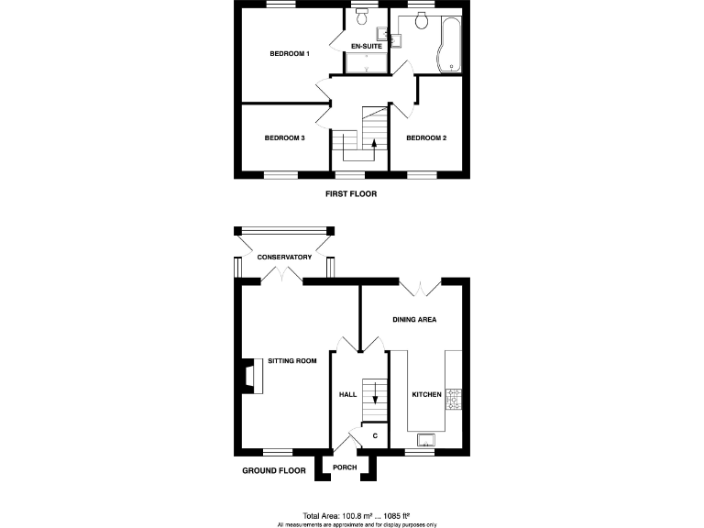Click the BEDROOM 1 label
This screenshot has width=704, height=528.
pyautogui.click(x=290, y=54)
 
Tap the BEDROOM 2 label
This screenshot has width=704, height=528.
pyautogui.click(x=426, y=138)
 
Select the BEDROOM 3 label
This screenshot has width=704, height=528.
pyautogui.click(x=284, y=138)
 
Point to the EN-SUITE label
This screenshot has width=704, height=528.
pyautogui.click(x=367, y=45)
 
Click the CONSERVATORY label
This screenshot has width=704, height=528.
pyautogui.click(x=284, y=258)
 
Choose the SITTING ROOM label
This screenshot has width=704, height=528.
pyautogui.click(x=291, y=361)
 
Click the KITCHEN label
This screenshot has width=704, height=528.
pyautogui.click(x=426, y=394)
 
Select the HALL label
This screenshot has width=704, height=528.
pyautogui.click(x=347, y=394)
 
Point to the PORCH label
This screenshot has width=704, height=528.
pyautogui.click(x=345, y=467)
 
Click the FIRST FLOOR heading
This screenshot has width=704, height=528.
pyautogui.click(x=351, y=194)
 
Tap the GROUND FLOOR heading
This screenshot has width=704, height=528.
pyautogui.click(x=273, y=470)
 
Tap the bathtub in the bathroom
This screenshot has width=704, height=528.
pyautogui.click(x=450, y=46)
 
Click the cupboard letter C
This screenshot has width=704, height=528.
pyautogui.click(x=375, y=435)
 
